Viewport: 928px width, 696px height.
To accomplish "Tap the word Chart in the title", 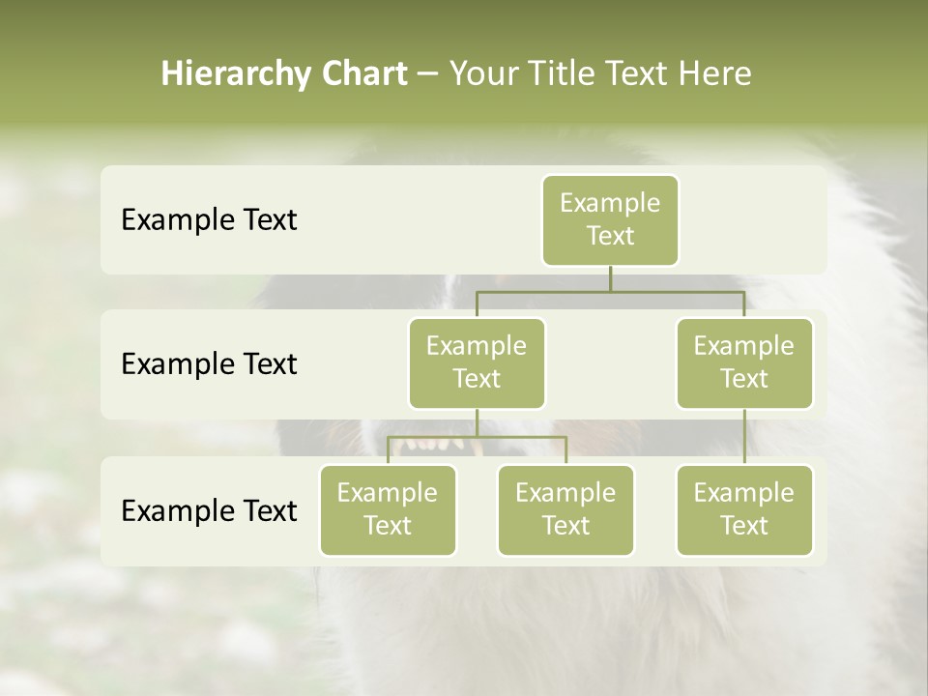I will [x=363, y=74].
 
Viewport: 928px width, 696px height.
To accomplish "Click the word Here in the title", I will [x=716, y=74].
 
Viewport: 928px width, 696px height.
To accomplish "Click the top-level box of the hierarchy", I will [x=610, y=219].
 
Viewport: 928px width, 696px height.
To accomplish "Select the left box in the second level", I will [x=477, y=362].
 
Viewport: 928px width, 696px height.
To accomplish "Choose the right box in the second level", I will [x=744, y=362].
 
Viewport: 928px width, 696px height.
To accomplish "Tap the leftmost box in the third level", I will [x=388, y=509].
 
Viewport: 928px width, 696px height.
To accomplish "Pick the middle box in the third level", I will [x=565, y=509].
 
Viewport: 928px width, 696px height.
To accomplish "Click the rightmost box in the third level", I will [x=744, y=509].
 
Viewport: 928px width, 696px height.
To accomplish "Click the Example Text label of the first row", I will [x=209, y=220].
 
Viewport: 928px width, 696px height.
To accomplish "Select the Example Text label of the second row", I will [x=209, y=364].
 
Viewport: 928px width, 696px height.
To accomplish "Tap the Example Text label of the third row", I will [x=209, y=510].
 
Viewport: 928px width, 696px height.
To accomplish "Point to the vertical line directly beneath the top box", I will [x=610, y=278].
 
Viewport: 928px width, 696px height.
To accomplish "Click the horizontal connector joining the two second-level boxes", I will [x=610, y=291].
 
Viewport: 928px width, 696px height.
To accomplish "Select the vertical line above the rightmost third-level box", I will [x=744, y=437].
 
